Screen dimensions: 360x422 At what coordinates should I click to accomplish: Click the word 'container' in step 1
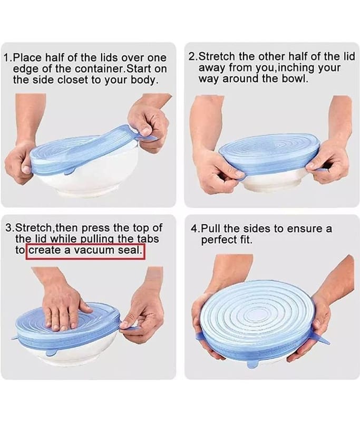(x=99, y=69)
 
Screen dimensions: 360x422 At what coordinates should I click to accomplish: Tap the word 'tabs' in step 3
(x=148, y=239)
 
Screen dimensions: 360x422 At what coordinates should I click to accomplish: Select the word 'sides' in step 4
(x=257, y=229)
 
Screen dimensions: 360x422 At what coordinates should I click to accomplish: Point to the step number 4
(x=194, y=229)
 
